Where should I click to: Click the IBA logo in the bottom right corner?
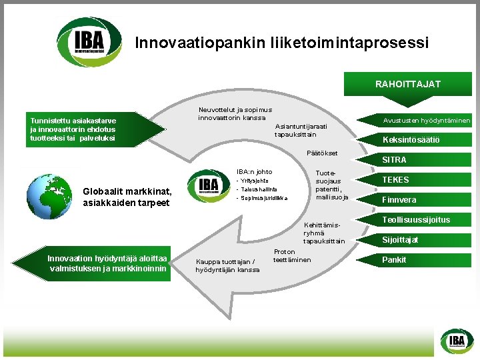click(x=456, y=342)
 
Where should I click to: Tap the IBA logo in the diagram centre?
click(x=209, y=185)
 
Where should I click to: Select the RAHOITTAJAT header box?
click(x=408, y=85)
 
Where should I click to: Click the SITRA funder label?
click(x=394, y=160)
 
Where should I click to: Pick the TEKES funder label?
click(x=395, y=180)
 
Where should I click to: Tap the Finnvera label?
click(x=399, y=200)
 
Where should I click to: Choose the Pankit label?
click(x=393, y=260)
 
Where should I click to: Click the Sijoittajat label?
click(x=400, y=240)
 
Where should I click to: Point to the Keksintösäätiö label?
click(x=411, y=140)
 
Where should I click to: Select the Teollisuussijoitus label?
click(x=415, y=220)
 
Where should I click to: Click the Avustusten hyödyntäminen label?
click(x=426, y=121)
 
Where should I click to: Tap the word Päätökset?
click(x=322, y=153)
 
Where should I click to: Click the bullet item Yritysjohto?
click(x=255, y=180)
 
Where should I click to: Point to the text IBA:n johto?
click(x=254, y=171)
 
